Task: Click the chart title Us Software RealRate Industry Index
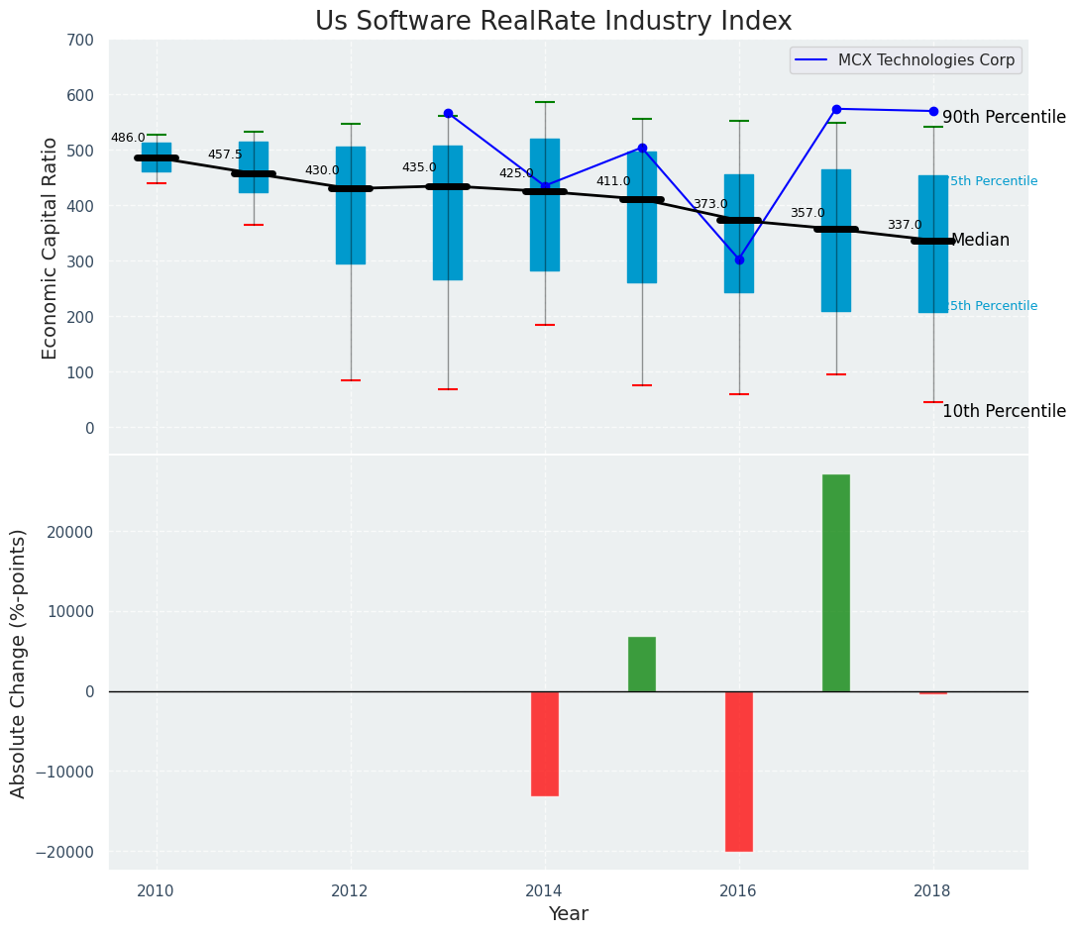[553, 22]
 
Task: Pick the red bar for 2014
[544, 743]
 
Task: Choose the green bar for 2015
[641, 664]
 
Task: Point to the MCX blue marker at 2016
[739, 259]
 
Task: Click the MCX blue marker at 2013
[448, 114]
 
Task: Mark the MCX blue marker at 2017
[836, 109]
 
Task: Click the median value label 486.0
[128, 139]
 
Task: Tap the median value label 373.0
[709, 205]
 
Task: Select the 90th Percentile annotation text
[1004, 117]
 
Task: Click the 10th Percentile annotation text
[1004, 411]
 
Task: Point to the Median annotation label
[980, 241]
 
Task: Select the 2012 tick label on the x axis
[350, 890]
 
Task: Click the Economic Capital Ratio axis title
[51, 248]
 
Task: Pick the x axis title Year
[568, 914]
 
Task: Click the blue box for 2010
[157, 157]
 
